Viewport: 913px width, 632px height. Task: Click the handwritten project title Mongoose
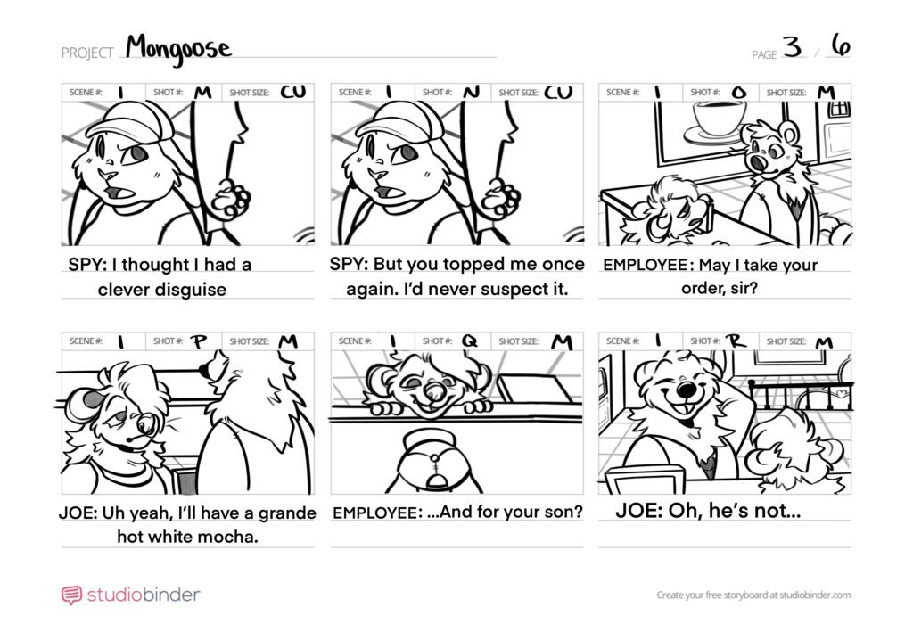pyautogui.click(x=178, y=48)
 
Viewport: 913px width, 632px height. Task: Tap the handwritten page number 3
pyautogui.click(x=793, y=46)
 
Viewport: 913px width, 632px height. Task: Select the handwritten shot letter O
pyautogui.click(x=738, y=93)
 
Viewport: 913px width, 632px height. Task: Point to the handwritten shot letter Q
pyautogui.click(x=469, y=341)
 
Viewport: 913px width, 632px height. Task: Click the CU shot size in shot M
pyautogui.click(x=292, y=92)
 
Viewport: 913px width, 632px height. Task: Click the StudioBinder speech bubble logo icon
pyautogui.click(x=71, y=595)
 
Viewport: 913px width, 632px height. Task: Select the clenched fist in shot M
pyautogui.click(x=231, y=199)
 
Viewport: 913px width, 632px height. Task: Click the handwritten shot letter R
pyautogui.click(x=736, y=341)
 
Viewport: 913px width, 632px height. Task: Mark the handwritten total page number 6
pyautogui.click(x=841, y=45)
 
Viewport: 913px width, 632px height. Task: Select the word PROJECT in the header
pyautogui.click(x=87, y=53)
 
